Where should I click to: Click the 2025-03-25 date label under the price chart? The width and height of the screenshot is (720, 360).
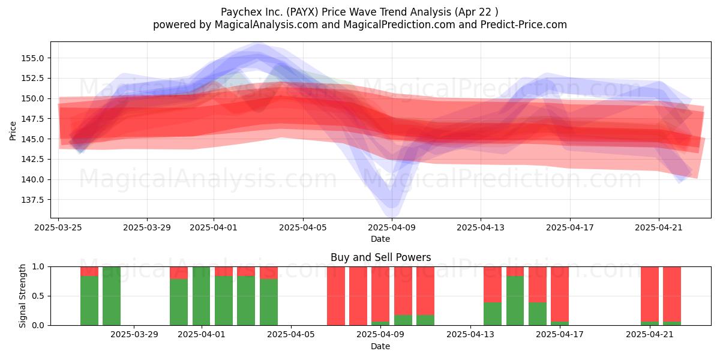click(58, 227)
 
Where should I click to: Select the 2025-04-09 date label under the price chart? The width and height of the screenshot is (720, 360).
click(392, 227)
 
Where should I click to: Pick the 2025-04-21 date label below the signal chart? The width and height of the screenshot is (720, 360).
click(650, 335)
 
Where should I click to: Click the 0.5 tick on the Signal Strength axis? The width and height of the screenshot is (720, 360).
click(38, 296)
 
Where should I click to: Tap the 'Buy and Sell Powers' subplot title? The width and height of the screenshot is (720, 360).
click(380, 257)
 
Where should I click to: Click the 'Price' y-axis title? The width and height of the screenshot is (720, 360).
click(13, 131)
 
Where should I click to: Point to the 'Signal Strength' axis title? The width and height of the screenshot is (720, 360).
click(22, 296)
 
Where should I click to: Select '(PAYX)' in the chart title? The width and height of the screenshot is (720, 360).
click(302, 12)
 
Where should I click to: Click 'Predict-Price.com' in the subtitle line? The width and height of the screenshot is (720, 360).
click(524, 25)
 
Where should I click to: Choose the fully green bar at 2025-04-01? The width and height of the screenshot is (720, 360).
click(201, 296)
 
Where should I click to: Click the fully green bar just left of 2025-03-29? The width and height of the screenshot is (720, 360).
click(112, 296)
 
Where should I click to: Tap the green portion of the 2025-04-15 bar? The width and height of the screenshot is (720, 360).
click(515, 301)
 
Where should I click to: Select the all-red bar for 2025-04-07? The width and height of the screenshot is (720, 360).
click(336, 296)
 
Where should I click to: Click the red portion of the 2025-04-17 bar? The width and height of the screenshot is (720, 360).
click(560, 294)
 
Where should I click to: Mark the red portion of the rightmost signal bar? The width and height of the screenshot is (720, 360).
click(672, 294)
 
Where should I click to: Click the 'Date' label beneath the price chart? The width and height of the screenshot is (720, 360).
click(380, 239)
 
